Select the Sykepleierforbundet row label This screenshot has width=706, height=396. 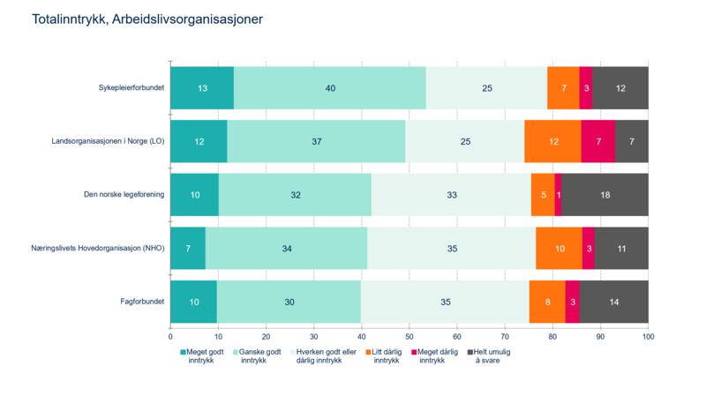[131, 87]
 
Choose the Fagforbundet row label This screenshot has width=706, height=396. [139, 303]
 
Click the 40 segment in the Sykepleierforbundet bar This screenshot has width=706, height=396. [330, 87]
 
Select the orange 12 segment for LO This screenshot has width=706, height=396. [552, 141]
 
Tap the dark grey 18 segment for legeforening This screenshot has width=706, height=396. [605, 195]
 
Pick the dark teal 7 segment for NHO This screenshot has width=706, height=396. [187, 249]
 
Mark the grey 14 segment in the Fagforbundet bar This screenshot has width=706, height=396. [614, 303]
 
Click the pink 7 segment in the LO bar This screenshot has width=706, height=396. [597, 141]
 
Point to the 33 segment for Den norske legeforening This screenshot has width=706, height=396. [451, 195]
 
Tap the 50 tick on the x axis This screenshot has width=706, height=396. [409, 336]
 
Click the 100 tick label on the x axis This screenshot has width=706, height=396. [649, 336]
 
